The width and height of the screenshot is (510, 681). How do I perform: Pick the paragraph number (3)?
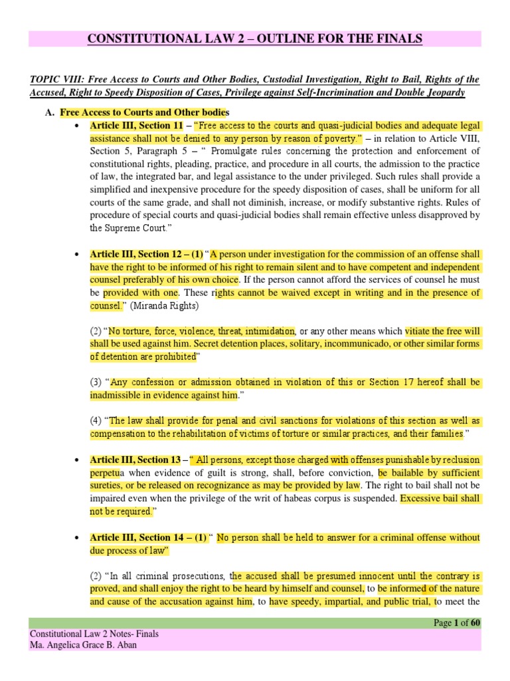coord(97,382)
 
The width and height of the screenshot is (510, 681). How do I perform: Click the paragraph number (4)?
coord(97,421)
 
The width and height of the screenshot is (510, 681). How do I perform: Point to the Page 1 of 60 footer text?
coord(457,622)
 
